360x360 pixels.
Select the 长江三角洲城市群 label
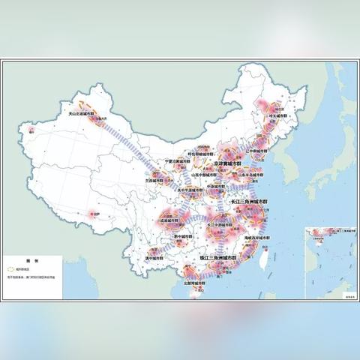(x=248, y=202)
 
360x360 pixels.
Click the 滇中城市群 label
(x=154, y=256)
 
